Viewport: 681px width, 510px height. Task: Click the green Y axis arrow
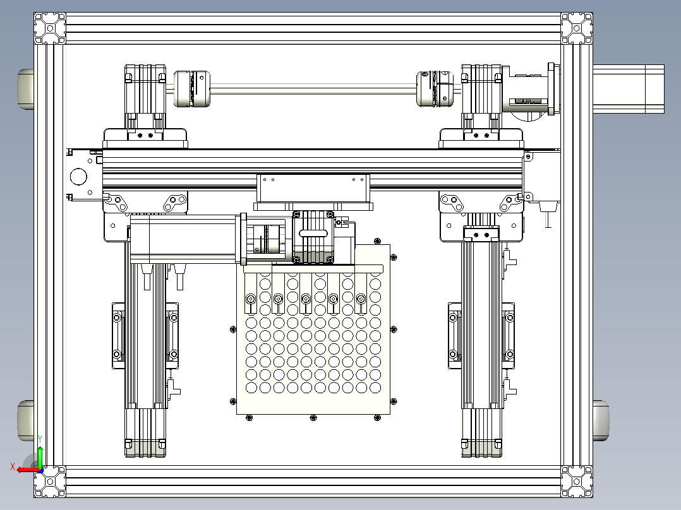(40, 456)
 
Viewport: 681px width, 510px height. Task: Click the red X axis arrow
(28, 470)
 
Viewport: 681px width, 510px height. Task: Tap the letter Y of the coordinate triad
(40, 439)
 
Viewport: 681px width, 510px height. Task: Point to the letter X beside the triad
(13, 466)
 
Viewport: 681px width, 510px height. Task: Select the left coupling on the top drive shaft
(191, 88)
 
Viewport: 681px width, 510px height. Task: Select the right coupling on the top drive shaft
(435, 88)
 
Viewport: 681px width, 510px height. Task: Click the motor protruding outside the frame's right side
(629, 89)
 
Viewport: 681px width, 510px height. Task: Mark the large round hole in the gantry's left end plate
(78, 177)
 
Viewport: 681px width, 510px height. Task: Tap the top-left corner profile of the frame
(50, 28)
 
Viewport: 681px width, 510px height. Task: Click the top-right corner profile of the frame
(577, 28)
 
